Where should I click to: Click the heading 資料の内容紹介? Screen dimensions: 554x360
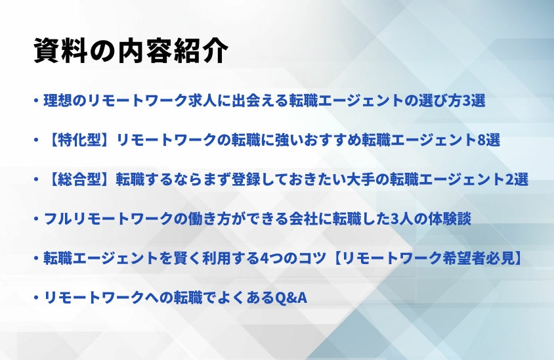131,51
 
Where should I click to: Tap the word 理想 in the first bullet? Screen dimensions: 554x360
58,101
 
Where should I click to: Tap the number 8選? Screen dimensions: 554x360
488,140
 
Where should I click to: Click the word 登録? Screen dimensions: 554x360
245,179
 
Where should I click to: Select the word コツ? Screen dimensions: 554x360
312,258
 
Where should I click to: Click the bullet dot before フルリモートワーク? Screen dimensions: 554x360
36,219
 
